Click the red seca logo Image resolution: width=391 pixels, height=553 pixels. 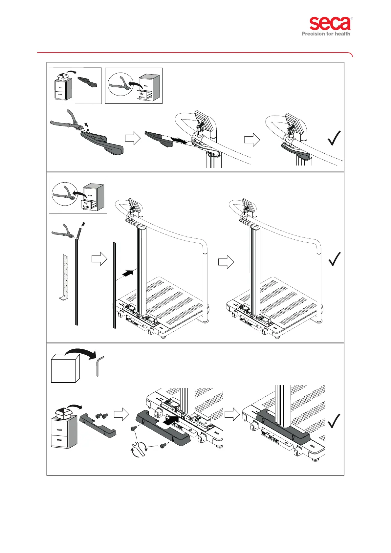point(330,24)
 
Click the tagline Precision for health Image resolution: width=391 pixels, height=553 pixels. point(326,33)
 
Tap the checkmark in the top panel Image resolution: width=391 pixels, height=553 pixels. point(334,138)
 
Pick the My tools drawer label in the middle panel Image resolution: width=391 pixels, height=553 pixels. point(86,205)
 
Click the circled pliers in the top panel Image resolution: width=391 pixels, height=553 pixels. point(120,84)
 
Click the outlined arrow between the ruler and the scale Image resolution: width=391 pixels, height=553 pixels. point(99,259)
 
